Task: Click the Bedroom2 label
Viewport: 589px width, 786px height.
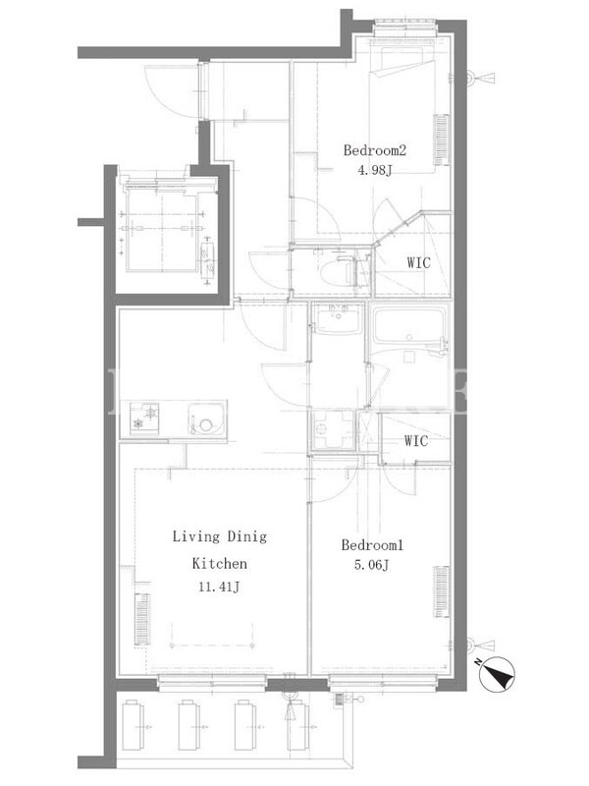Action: [374, 150]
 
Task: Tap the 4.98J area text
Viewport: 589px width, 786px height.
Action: [374, 170]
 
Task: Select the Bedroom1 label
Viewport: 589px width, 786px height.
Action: [372, 545]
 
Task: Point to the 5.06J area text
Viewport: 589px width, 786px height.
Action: [372, 565]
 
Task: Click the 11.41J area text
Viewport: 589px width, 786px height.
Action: [219, 586]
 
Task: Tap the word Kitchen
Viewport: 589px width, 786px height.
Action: [219, 563]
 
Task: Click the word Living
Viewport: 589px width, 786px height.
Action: [196, 536]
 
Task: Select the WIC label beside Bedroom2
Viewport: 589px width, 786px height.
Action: [418, 262]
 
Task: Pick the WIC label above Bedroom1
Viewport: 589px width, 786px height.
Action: [416, 440]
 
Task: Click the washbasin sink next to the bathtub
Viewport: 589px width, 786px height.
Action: [337, 318]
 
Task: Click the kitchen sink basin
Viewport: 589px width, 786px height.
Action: [207, 421]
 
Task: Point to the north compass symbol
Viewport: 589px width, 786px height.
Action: [497, 674]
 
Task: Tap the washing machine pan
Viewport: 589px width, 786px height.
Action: [332, 429]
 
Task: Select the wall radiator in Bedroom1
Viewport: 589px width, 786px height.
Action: [441, 592]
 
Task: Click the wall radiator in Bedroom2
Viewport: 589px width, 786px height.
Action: [441, 140]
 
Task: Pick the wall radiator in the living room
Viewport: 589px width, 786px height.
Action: [142, 618]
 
